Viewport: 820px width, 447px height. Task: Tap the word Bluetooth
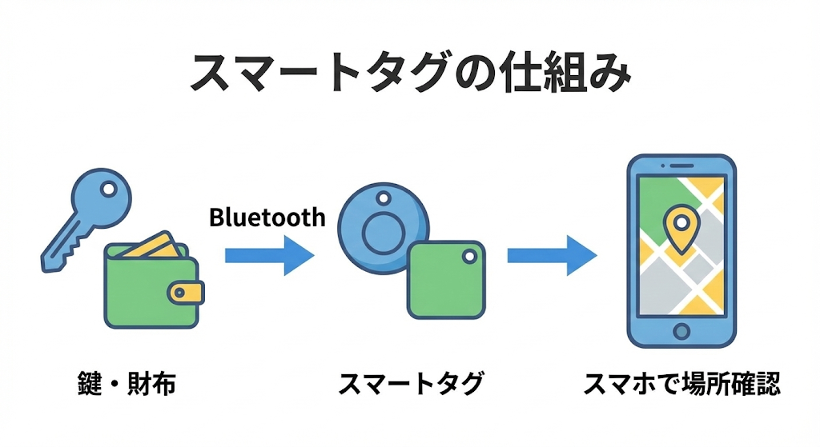click(267, 217)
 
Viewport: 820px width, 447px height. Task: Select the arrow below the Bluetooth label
click(269, 255)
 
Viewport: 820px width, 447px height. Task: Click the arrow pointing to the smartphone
click(552, 255)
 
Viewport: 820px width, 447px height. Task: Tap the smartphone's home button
click(681, 330)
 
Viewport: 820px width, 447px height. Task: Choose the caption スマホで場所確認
click(681, 385)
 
